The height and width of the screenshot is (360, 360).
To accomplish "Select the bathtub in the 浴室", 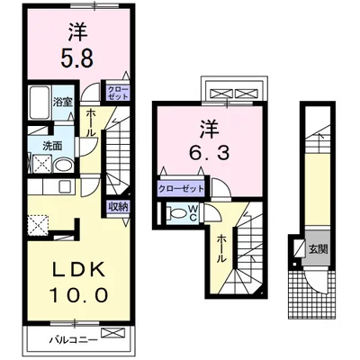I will tap(40, 103).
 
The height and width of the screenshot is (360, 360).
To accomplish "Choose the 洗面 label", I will tap(50, 144).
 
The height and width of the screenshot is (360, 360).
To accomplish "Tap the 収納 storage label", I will tap(118, 206).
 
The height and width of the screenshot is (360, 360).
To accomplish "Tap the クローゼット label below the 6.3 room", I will tap(180, 189).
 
